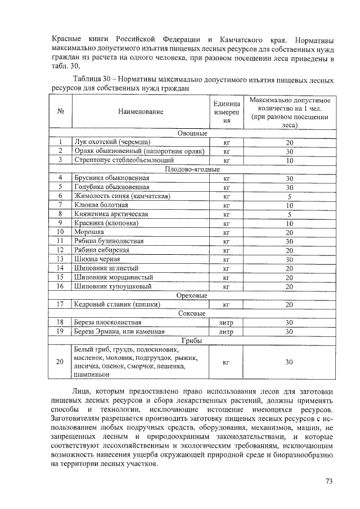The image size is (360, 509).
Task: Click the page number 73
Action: point(329,481)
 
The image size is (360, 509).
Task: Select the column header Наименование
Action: point(141,112)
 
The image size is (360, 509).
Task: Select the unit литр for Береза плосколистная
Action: point(226,323)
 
